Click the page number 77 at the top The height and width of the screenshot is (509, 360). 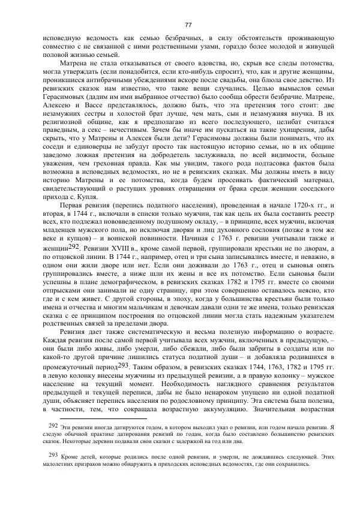click(x=188, y=24)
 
